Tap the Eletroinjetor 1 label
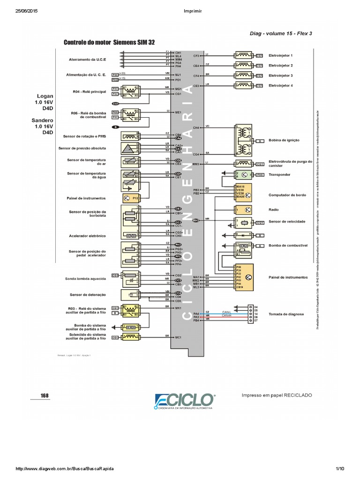click(x=280, y=55)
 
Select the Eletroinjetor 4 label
click(x=280, y=86)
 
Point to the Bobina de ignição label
click(x=284, y=140)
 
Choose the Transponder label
click(x=279, y=174)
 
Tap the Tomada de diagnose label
click(x=286, y=314)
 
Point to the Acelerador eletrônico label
click(x=87, y=236)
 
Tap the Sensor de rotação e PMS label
click(x=84, y=136)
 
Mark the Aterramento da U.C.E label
click(x=88, y=60)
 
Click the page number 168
click(x=45, y=396)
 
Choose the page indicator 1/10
click(x=340, y=469)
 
